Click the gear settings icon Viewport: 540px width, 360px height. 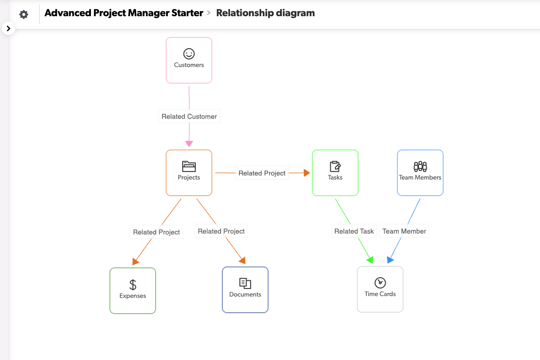click(24, 14)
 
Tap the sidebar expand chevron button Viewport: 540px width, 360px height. click(9, 28)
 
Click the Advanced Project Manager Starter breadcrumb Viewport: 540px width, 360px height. click(124, 13)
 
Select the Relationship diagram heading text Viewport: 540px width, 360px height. click(265, 13)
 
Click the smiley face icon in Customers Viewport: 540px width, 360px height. click(189, 54)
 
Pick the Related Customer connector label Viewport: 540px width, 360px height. click(189, 117)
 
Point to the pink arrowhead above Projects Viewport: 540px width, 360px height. click(189, 144)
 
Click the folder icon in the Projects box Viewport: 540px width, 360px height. click(189, 166)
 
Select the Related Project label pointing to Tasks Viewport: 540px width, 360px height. click(262, 173)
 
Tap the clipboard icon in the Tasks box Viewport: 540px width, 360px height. click(335, 166)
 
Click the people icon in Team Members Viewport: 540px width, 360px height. click(420, 166)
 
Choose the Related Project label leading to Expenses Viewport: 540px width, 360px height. click(157, 232)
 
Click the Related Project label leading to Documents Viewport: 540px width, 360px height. click(221, 231)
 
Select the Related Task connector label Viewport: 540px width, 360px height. click(354, 231)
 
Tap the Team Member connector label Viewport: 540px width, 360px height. click(404, 231)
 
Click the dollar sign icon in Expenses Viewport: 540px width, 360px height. click(133, 284)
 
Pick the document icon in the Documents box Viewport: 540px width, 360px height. click(245, 283)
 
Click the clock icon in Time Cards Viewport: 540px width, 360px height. click(380, 283)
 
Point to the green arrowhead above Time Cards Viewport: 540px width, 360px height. click(370, 260)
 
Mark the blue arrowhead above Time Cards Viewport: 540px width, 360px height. click(390, 260)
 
